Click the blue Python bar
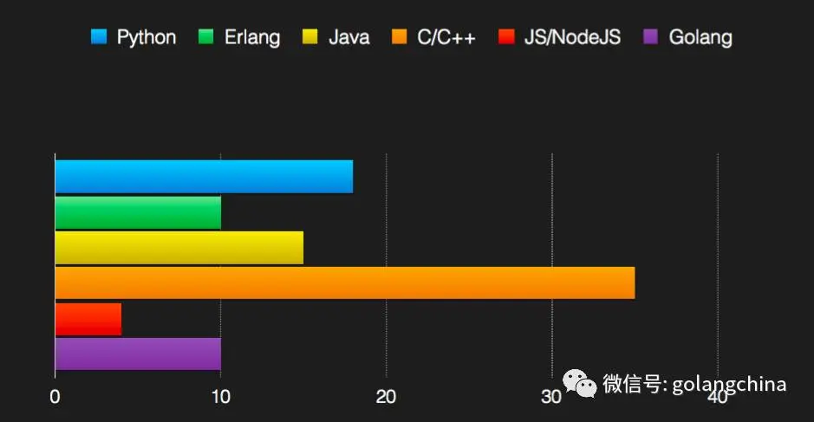pos(204,177)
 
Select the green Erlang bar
pos(138,212)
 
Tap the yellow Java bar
pos(179,248)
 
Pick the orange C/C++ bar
pos(344,283)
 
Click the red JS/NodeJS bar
pos(88,319)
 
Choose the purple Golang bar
pos(138,354)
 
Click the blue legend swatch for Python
pos(99,37)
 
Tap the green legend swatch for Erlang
pos(207,37)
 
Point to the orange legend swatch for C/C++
pos(400,37)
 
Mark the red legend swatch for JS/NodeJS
pos(507,37)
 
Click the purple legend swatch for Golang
pos(652,37)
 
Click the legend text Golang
pos(700,37)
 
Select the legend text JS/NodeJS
pos(573,37)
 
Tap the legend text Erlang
pos(251,37)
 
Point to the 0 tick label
pos(55,397)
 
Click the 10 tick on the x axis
pos(220,397)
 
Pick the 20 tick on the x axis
pos(386,397)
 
